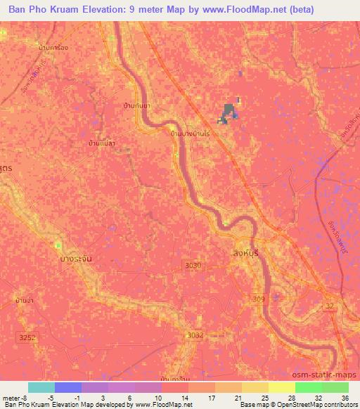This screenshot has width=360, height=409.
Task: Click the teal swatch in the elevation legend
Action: pos(41,387)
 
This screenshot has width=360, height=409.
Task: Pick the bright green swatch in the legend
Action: pos(308,387)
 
